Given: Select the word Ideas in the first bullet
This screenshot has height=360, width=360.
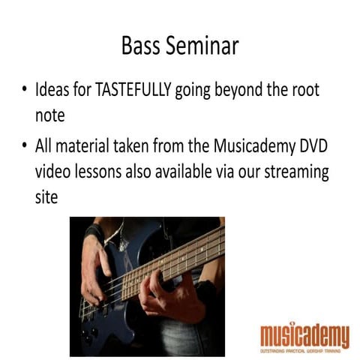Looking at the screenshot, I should [x=54, y=91].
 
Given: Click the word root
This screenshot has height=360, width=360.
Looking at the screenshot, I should [x=302, y=91].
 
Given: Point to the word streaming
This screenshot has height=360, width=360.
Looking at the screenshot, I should [x=293, y=172].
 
